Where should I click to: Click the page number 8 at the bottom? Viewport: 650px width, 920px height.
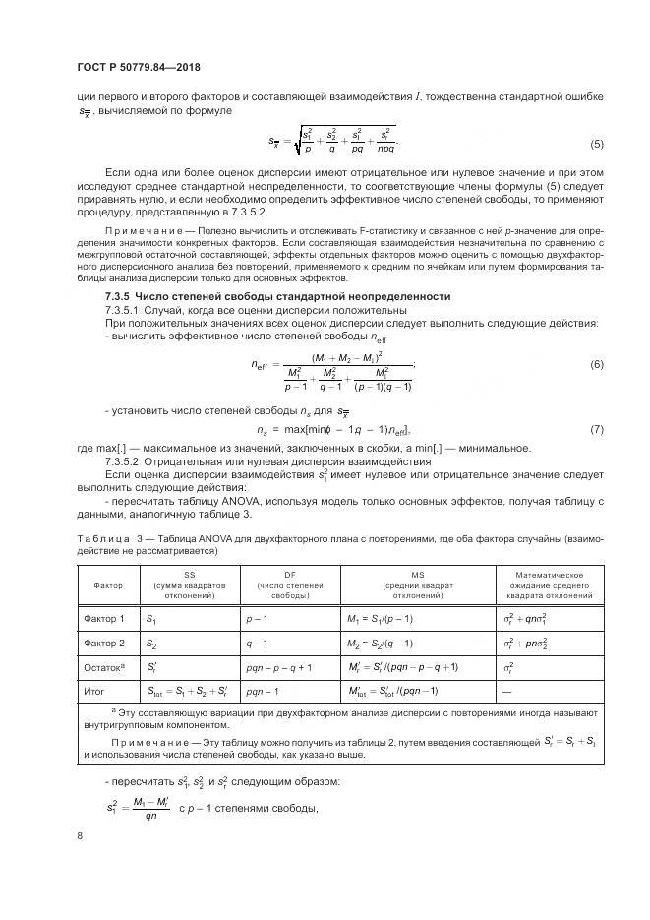[x=79, y=835]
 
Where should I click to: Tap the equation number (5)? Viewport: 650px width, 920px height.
[x=596, y=145]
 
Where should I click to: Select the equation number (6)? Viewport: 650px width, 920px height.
[x=596, y=365]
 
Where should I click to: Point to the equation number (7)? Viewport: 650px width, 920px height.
[x=596, y=430]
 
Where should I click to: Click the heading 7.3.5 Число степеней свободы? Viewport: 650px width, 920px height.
[x=277, y=296]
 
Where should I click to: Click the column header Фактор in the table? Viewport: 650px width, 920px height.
[x=108, y=584]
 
